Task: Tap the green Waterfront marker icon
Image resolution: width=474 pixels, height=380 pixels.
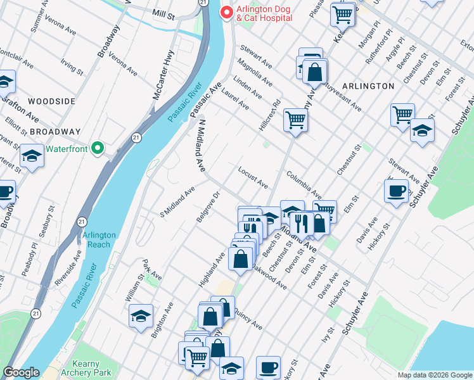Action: pyautogui.click(x=97, y=148)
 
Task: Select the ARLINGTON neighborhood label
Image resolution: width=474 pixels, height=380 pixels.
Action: pyautogui.click(x=368, y=85)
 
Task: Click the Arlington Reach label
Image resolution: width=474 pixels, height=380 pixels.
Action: pyautogui.click(x=99, y=239)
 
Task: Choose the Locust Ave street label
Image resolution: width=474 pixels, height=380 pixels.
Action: pyautogui.click(x=253, y=177)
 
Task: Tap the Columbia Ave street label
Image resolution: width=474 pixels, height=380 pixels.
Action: pyautogui.click(x=304, y=184)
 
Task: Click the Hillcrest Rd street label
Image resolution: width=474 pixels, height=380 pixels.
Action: pyautogui.click(x=269, y=115)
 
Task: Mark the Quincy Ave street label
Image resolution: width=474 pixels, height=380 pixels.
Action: pyautogui.click(x=247, y=319)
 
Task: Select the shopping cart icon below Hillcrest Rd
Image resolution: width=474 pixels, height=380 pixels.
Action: pyautogui.click(x=295, y=118)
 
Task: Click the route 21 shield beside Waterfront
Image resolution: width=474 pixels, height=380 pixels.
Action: pyautogui.click(x=136, y=137)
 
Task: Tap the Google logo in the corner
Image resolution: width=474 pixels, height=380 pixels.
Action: pyautogui.click(x=21, y=373)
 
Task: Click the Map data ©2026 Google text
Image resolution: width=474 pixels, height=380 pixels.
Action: pyautogui.click(x=435, y=375)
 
